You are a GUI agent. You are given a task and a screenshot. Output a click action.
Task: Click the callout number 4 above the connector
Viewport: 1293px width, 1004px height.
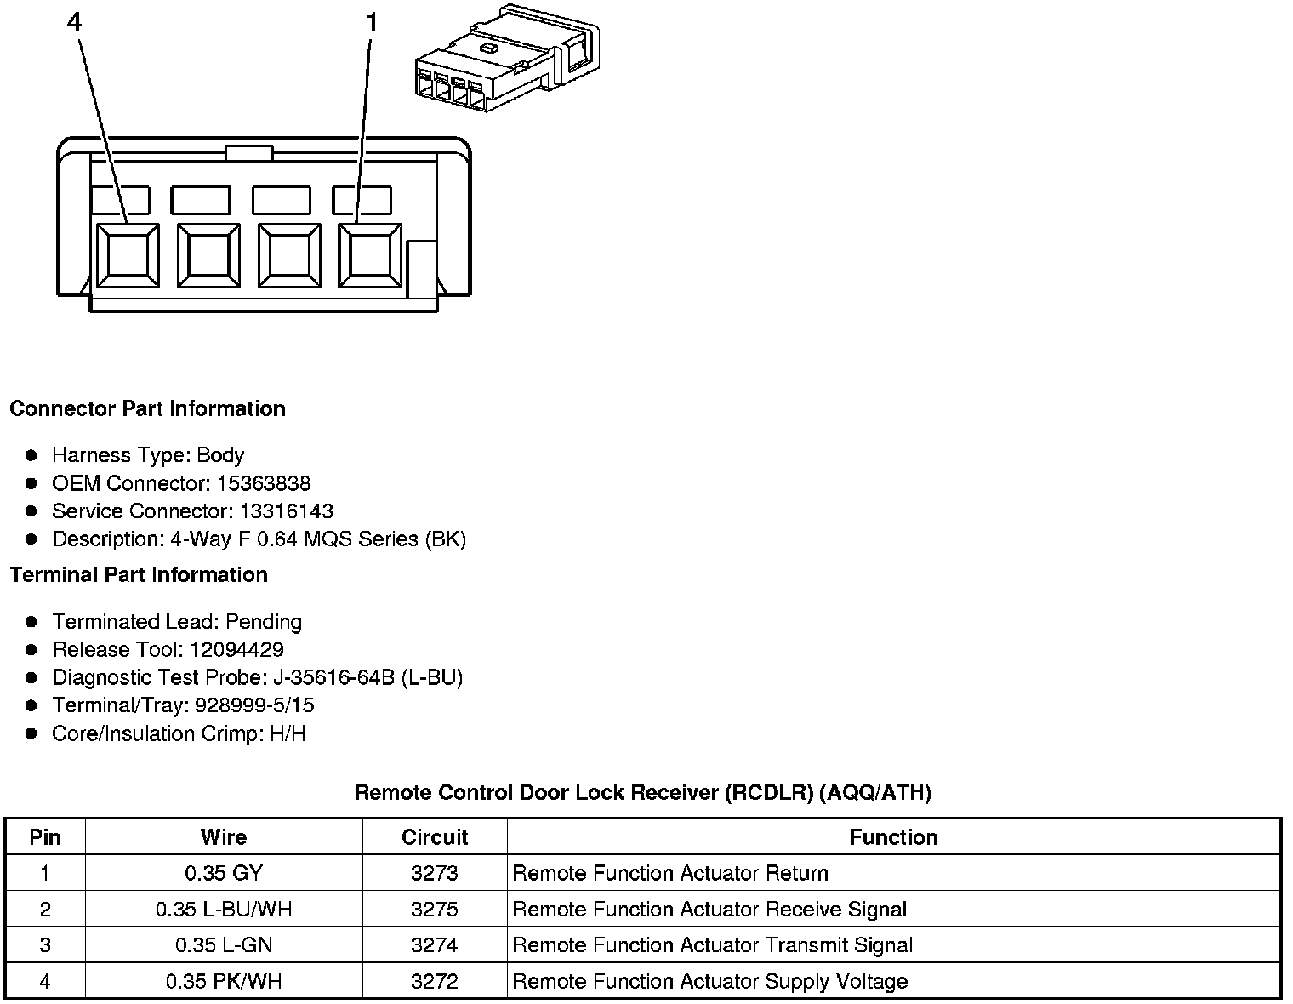point(75,23)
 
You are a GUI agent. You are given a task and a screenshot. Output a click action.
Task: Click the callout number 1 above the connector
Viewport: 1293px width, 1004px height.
point(371,23)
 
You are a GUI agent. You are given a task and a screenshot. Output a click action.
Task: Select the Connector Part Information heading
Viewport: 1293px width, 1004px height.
point(147,408)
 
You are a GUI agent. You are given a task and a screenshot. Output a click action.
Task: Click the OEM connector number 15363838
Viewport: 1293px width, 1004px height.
point(264,483)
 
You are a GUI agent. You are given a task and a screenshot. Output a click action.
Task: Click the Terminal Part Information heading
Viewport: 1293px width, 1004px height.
point(139,575)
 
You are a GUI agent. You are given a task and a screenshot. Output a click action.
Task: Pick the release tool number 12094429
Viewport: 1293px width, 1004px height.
point(236,650)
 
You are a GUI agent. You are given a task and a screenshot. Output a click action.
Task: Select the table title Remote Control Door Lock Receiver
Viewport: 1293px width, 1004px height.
point(642,793)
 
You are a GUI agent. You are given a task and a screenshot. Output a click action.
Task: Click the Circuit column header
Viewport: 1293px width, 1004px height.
point(435,837)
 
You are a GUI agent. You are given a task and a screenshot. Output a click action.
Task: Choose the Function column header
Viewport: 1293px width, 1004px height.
point(893,837)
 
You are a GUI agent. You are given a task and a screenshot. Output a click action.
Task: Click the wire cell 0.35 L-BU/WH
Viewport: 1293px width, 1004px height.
point(224,910)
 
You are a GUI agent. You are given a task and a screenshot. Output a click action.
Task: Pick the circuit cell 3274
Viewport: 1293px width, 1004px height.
point(434,945)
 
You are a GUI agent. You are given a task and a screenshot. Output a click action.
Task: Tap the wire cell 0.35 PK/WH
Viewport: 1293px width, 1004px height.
point(224,981)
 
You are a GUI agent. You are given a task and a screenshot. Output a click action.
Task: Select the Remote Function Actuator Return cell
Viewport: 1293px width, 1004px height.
point(670,873)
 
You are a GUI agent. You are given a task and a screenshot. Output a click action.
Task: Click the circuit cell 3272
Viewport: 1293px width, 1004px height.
point(434,981)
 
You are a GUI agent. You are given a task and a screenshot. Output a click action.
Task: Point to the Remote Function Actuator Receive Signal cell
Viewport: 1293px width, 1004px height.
point(709,910)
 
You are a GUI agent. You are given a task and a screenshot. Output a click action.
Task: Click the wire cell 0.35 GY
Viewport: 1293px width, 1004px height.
point(224,873)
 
